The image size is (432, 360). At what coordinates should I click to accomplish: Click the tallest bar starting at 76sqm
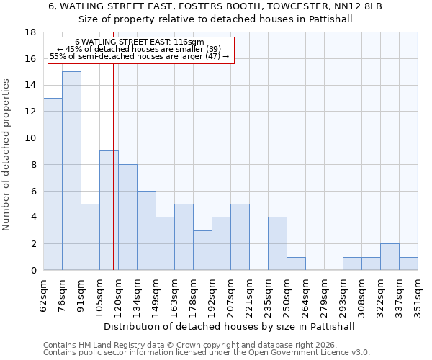click(x=71, y=171)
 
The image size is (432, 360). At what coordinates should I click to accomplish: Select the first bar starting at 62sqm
click(x=53, y=184)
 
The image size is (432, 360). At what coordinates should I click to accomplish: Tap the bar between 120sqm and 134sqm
click(x=127, y=217)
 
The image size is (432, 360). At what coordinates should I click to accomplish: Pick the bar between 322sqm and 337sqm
click(x=390, y=257)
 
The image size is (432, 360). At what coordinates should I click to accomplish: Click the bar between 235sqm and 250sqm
click(x=277, y=243)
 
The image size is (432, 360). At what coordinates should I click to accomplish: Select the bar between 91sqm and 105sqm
click(x=90, y=237)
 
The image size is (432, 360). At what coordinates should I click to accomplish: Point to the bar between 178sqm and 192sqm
click(x=202, y=250)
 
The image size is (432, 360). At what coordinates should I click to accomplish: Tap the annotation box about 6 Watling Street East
click(x=141, y=50)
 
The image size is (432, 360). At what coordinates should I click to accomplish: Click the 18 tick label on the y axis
click(x=30, y=32)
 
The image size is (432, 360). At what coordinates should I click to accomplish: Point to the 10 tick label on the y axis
click(x=30, y=138)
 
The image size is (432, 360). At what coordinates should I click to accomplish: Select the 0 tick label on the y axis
click(x=33, y=271)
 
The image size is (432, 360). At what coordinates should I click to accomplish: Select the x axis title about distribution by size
click(x=230, y=326)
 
